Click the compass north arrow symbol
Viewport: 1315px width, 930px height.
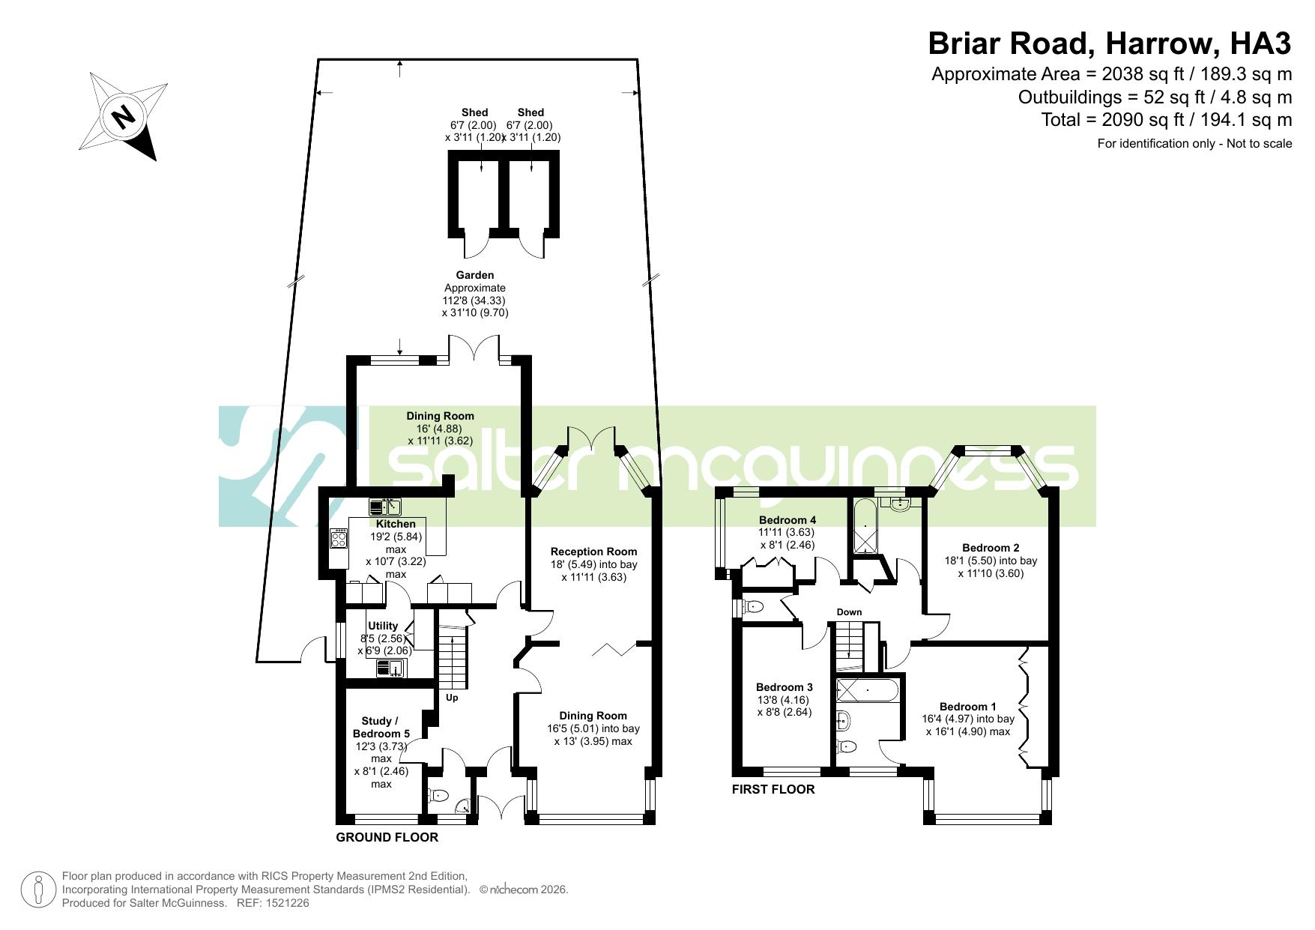tap(123, 116)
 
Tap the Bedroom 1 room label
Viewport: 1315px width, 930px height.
tap(968, 707)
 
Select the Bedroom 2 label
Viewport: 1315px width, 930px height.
tap(991, 548)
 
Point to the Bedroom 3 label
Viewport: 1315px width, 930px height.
tap(784, 687)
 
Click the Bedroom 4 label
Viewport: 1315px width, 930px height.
tap(788, 520)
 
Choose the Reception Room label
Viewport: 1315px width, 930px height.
tap(593, 552)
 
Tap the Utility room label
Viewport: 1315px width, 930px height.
tap(383, 626)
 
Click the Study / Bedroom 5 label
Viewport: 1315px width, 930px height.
tap(381, 727)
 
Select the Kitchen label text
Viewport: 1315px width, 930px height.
tap(396, 524)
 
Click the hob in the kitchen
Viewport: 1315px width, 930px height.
tap(339, 539)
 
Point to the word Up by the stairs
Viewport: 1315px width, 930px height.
tap(452, 698)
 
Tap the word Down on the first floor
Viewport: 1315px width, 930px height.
tap(849, 612)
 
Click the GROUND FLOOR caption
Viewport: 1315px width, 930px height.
tap(387, 837)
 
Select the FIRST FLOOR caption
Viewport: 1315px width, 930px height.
tap(773, 789)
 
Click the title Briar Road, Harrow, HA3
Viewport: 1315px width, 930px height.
tap(1110, 43)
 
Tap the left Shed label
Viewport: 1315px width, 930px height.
tap(474, 112)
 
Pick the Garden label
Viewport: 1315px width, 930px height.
tap(475, 275)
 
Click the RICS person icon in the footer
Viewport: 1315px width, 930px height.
tap(37, 890)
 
